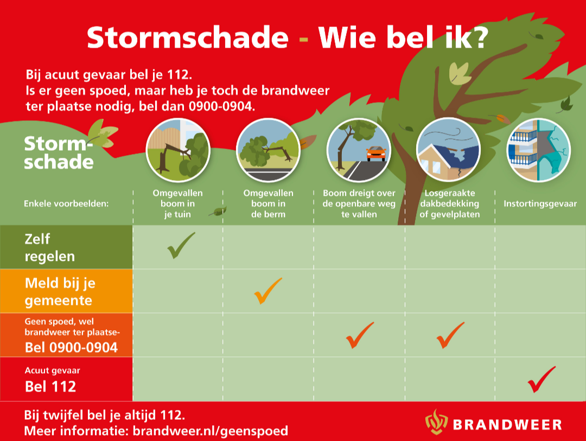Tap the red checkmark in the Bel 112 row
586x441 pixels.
point(540,380)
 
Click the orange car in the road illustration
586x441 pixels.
point(376,154)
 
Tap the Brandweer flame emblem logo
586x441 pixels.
point(436,423)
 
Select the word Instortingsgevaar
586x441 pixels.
point(540,203)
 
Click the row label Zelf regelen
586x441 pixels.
point(50,247)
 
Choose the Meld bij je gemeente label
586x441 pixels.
point(60,291)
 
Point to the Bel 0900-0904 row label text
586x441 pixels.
point(71,348)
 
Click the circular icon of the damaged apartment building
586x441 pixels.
point(539,150)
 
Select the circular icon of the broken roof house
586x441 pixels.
point(448,150)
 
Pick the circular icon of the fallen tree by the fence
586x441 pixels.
point(178,150)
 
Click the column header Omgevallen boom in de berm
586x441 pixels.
point(269,203)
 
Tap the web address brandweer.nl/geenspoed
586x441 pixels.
point(211,431)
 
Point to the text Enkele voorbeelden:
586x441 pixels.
point(66,203)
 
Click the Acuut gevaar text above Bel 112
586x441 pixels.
point(52,370)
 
